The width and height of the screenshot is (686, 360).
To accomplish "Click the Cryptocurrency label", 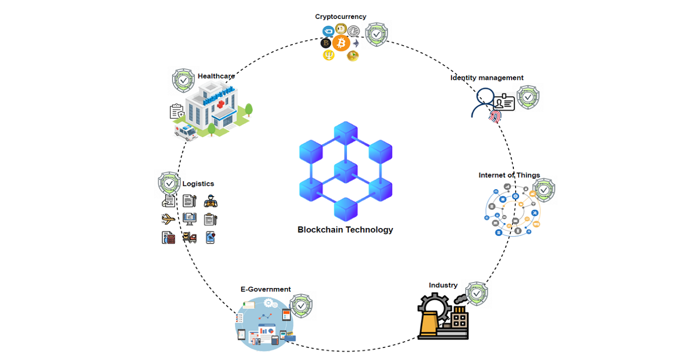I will click(340, 17).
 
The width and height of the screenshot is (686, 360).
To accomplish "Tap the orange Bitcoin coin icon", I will click(341, 43).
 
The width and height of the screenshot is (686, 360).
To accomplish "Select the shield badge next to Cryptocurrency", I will click(376, 35).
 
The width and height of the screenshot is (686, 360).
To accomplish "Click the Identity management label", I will click(486, 78).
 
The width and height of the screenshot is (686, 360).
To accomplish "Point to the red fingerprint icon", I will click(494, 117).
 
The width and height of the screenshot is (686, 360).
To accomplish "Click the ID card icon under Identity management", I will click(505, 103).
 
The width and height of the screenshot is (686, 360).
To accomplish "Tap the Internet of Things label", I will click(509, 175).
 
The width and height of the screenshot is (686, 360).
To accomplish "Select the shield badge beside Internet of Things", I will click(544, 190).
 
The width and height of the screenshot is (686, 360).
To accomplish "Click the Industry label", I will click(443, 285).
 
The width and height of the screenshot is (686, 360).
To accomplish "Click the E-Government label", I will click(265, 289).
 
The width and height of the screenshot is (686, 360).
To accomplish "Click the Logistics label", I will click(198, 184).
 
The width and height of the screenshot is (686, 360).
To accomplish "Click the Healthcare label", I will click(216, 76).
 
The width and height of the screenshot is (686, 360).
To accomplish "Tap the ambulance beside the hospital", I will click(185, 133).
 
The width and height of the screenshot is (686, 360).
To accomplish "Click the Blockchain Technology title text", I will click(345, 230).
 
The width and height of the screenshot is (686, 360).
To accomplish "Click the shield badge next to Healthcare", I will click(183, 81).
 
